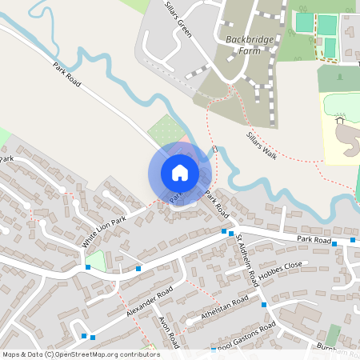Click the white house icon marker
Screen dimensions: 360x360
point(180,173)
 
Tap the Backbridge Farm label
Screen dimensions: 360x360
point(244,44)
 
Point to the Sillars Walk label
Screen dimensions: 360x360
point(262,145)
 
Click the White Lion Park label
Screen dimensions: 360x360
point(104,231)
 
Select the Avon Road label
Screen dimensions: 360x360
point(168,330)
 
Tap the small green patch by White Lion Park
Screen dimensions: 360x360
point(97,260)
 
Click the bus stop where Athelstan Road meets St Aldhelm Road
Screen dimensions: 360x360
point(264,305)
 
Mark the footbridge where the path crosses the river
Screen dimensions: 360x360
point(214,150)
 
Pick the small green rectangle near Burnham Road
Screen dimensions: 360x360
point(333,334)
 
